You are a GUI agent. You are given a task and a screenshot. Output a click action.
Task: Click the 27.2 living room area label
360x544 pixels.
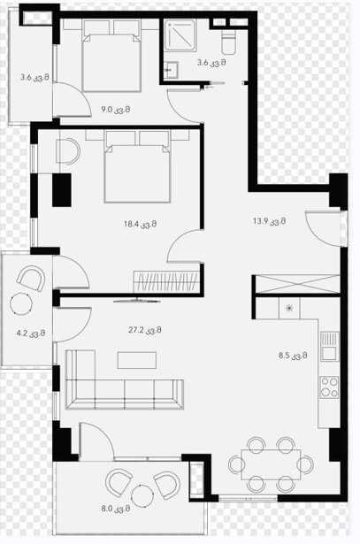click(x=145, y=330)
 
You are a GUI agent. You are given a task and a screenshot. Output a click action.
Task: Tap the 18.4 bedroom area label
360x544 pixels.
click(x=140, y=224)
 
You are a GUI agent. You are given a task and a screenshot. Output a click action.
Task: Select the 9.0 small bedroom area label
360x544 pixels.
click(x=116, y=110)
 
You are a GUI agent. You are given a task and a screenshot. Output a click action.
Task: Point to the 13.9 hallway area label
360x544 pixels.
click(x=269, y=221)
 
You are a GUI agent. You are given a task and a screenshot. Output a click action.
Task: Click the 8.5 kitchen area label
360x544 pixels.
click(x=293, y=356)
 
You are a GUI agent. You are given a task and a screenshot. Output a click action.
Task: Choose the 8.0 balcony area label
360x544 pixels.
click(x=116, y=509)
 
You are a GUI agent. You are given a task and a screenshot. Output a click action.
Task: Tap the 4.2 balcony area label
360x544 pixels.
click(x=31, y=333)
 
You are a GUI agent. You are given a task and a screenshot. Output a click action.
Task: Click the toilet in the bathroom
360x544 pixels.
click(x=228, y=42)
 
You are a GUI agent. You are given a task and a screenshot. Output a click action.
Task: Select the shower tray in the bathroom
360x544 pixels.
click(x=180, y=34)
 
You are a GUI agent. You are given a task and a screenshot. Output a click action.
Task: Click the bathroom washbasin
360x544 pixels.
click(x=171, y=70)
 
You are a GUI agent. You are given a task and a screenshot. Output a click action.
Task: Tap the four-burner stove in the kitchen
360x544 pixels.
click(x=329, y=387)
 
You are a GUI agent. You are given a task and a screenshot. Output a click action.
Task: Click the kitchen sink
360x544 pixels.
click(x=329, y=346)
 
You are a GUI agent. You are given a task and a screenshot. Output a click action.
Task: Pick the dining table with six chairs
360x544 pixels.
click(x=271, y=464)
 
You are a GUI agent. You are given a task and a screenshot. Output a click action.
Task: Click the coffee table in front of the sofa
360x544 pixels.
click(x=136, y=360)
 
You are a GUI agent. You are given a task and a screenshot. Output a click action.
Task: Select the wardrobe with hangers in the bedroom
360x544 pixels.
click(x=166, y=281)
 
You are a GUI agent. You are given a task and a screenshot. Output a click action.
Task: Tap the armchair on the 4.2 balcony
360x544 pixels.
click(x=31, y=279)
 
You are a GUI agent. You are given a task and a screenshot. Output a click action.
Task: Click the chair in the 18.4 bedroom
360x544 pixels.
click(x=68, y=151)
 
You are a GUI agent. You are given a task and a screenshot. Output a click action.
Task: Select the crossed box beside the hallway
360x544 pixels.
click(x=297, y=284)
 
